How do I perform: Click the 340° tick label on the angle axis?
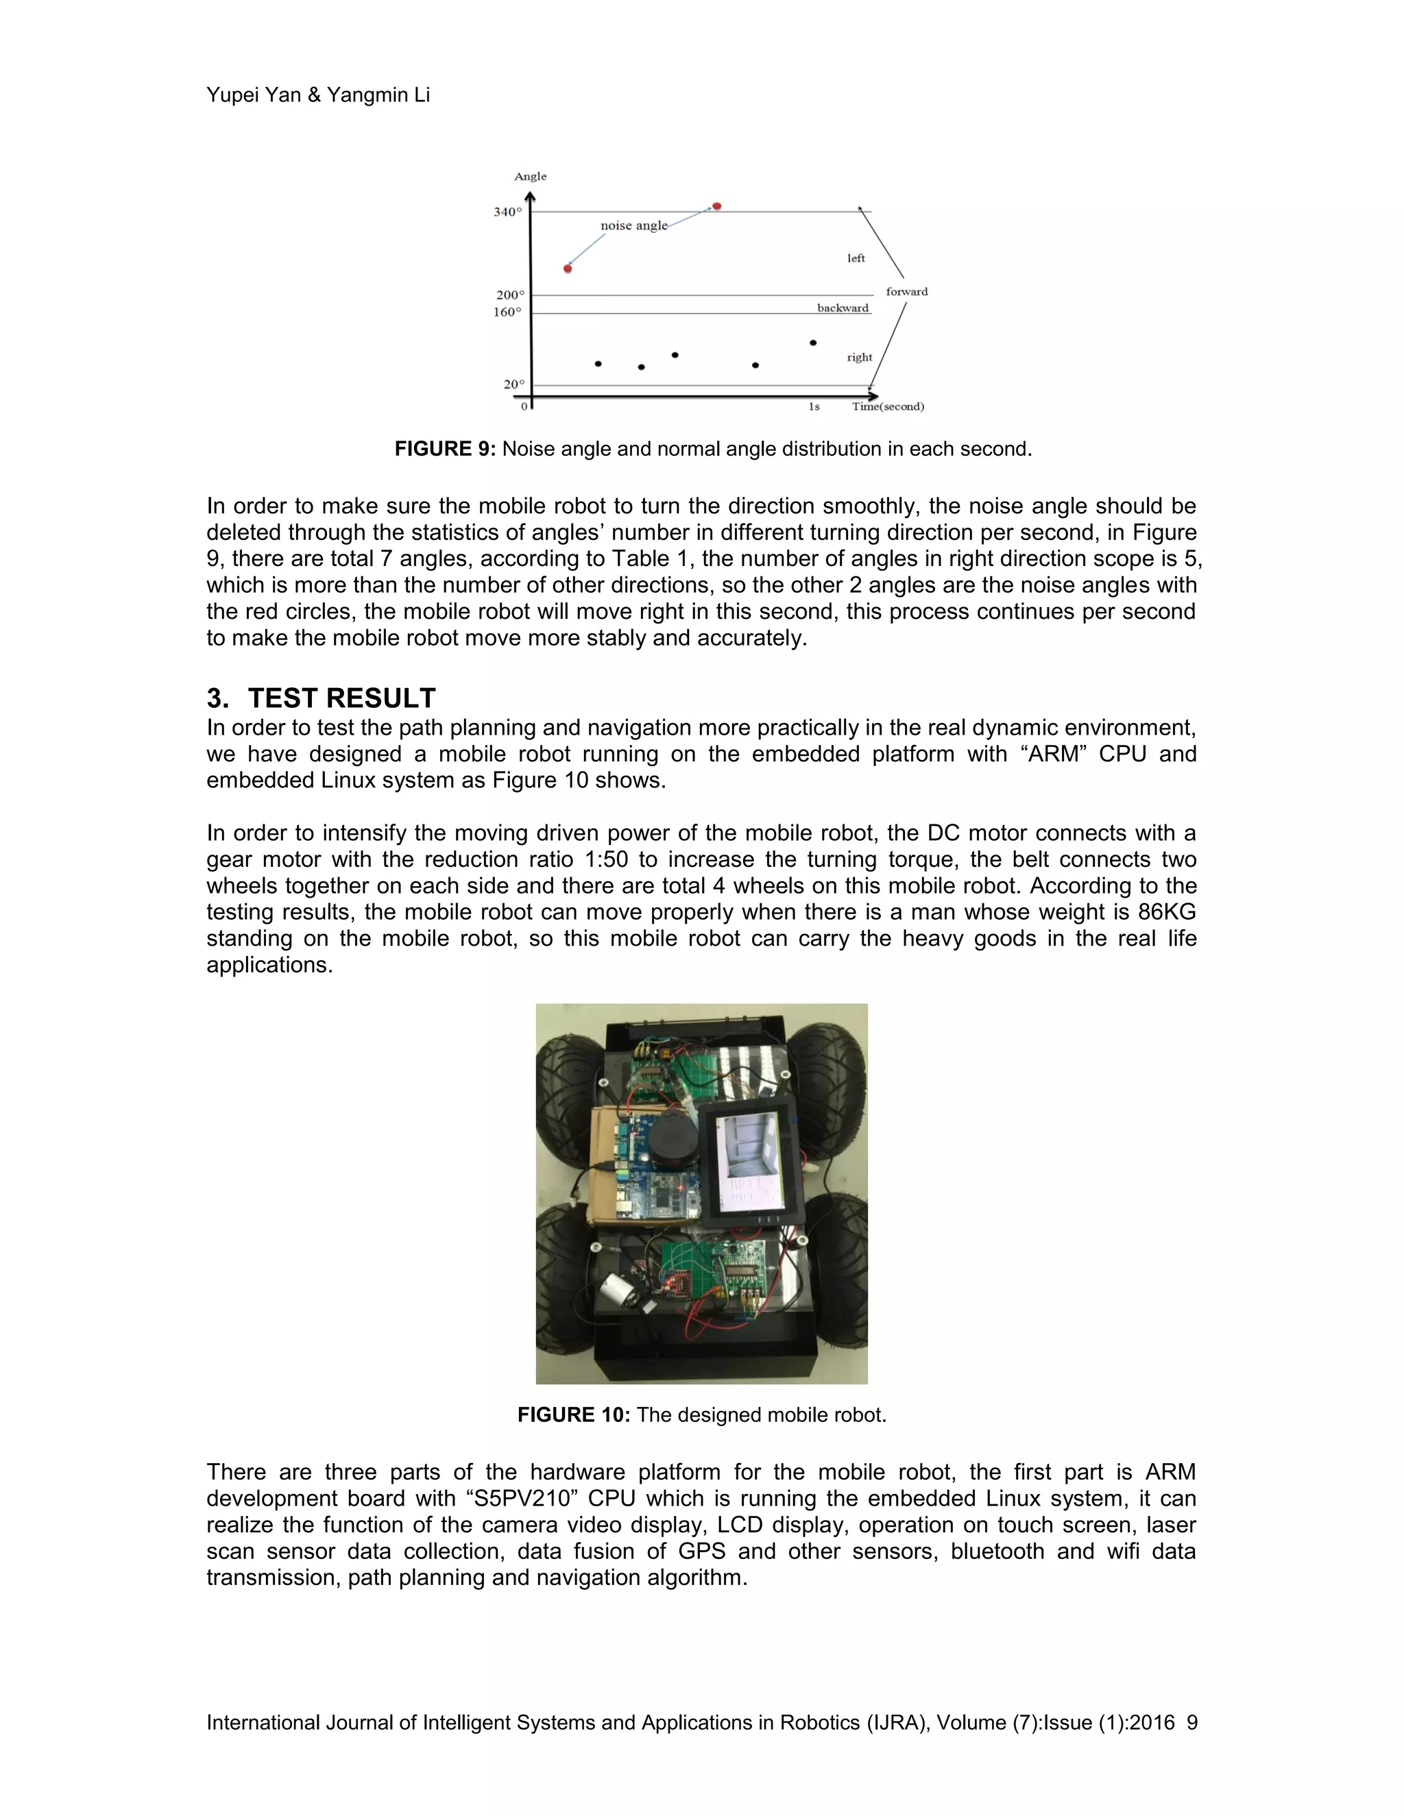pyautogui.click(x=507, y=212)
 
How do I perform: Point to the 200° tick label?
pyautogui.click(x=510, y=295)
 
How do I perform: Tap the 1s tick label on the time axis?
pyautogui.click(x=814, y=406)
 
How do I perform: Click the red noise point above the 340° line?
pyautogui.click(x=716, y=206)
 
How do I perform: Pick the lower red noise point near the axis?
pyautogui.click(x=567, y=269)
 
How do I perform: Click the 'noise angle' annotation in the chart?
pyautogui.click(x=634, y=225)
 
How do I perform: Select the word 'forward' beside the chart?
pyautogui.click(x=906, y=291)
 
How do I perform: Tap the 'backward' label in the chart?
pyautogui.click(x=843, y=308)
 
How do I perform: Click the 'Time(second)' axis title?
pyautogui.click(x=888, y=406)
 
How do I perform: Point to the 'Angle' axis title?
pyautogui.click(x=530, y=176)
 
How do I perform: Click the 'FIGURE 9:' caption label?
pyautogui.click(x=445, y=449)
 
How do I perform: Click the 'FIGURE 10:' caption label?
pyautogui.click(x=573, y=1415)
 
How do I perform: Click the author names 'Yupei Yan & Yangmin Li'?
pyautogui.click(x=317, y=95)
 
